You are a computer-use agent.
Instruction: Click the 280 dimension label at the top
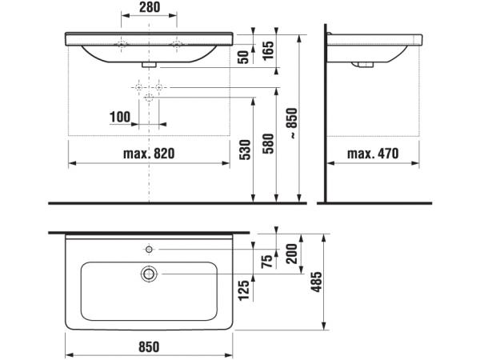click(150, 7)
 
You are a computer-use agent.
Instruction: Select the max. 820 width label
click(149, 154)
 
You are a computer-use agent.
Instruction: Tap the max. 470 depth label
click(373, 154)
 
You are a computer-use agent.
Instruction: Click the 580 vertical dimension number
click(269, 143)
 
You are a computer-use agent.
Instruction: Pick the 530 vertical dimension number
click(246, 150)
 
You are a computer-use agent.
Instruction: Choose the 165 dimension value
click(269, 50)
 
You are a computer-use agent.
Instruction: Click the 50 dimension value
click(244, 58)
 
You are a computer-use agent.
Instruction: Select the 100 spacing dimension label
click(120, 117)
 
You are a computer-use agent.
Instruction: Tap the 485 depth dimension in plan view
click(317, 282)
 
